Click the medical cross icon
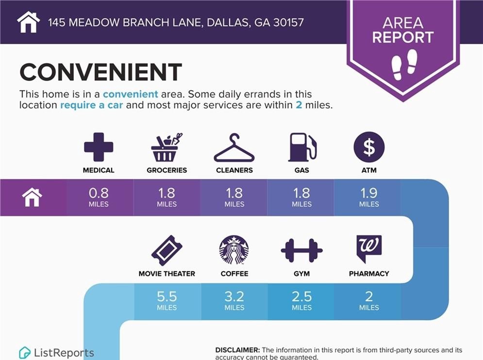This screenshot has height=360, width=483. [x=99, y=147]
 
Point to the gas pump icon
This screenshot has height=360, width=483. [x=302, y=147]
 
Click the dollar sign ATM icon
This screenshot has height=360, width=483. [x=369, y=147]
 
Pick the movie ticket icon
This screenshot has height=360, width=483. [x=167, y=250]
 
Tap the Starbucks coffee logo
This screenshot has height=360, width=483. [x=234, y=250]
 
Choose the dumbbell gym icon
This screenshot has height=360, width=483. [x=301, y=250]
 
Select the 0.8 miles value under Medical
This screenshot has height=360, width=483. [x=99, y=197]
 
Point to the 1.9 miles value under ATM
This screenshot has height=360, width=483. [x=369, y=197]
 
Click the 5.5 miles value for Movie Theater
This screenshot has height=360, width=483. [x=167, y=300]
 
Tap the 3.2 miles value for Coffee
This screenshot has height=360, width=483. [x=234, y=300]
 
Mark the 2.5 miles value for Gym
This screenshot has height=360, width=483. [x=301, y=300]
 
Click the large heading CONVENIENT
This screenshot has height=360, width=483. [x=101, y=72]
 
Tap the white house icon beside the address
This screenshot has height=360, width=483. [x=28, y=22]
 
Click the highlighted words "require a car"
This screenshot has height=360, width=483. [x=91, y=105]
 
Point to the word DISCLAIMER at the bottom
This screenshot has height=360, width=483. [x=237, y=350]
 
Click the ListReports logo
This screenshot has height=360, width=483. [x=57, y=353]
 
